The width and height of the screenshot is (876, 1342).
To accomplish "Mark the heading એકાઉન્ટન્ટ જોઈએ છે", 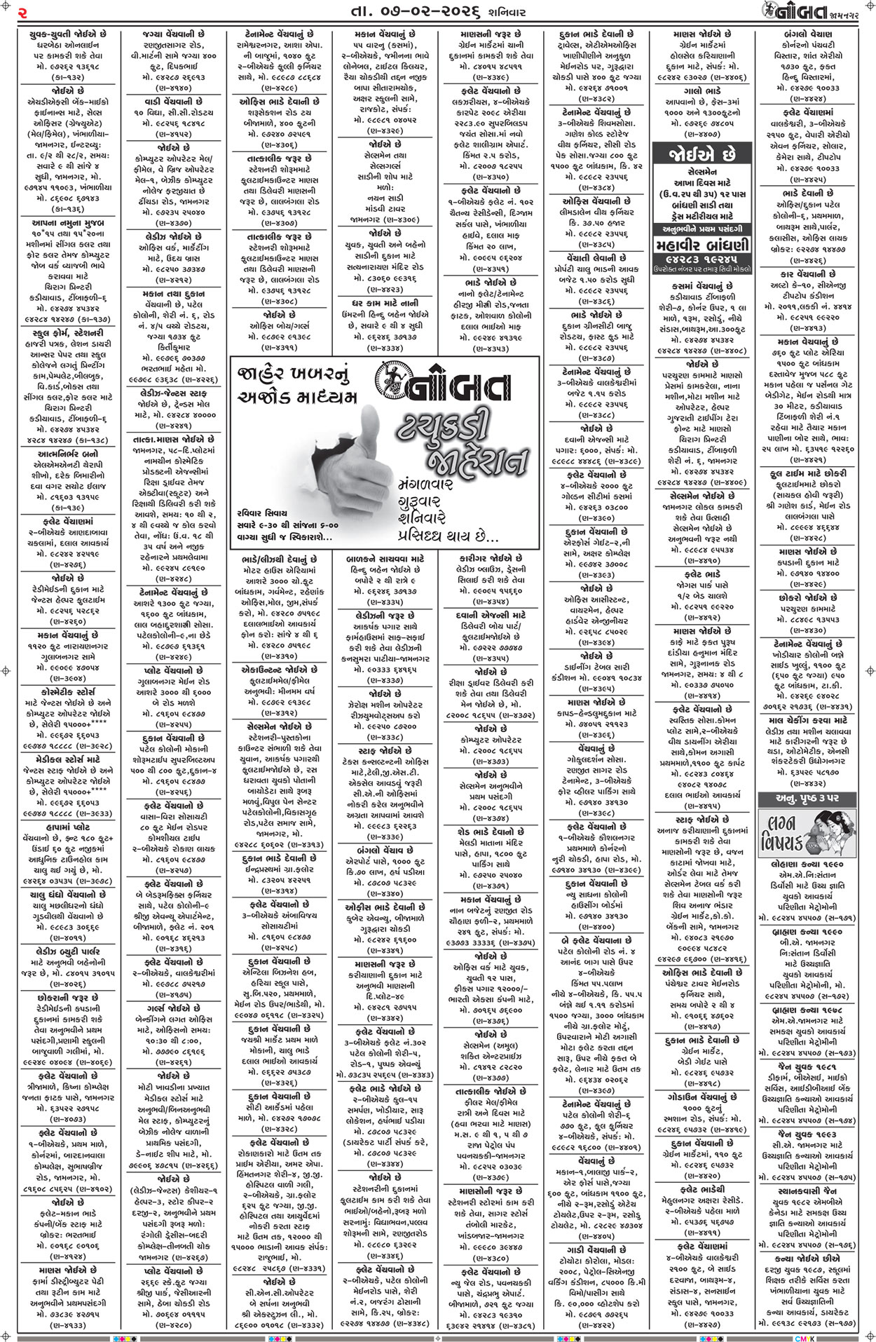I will pos(280,670).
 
